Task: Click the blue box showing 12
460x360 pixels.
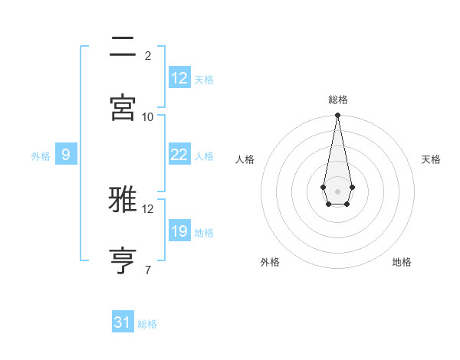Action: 179,78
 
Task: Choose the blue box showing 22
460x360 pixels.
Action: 179,155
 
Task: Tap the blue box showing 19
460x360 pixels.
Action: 179,231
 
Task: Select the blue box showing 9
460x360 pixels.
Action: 66,155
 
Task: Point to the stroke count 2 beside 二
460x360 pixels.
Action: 148,56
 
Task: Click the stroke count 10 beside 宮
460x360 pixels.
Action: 148,116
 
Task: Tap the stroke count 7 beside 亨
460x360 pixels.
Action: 148,270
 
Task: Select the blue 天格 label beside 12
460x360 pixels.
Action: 204,80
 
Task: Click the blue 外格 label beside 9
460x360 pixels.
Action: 41,156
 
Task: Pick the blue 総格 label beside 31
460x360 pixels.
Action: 147,324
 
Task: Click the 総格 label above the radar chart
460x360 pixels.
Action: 338,100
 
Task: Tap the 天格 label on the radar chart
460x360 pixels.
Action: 431,159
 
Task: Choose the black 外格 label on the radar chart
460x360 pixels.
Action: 270,262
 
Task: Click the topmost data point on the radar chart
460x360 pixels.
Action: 337,116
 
